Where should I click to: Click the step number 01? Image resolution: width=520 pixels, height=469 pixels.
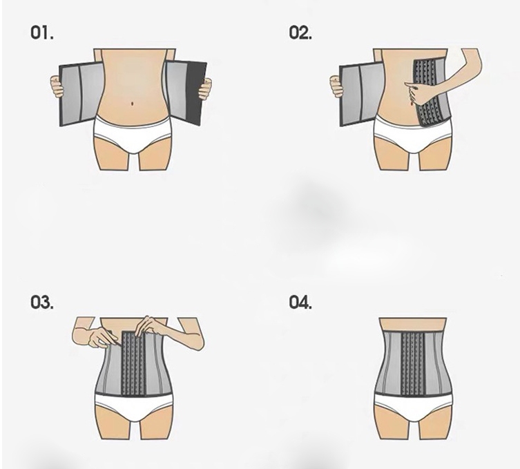click(42, 33)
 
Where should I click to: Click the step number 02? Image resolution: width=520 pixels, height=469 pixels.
click(300, 33)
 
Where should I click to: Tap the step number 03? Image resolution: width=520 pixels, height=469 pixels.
click(42, 303)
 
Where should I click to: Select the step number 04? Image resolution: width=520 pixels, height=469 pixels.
click(300, 303)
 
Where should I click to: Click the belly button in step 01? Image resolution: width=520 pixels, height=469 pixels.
click(133, 104)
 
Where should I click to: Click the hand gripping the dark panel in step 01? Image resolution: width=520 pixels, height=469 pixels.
click(205, 88)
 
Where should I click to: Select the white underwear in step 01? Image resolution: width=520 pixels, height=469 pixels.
click(133, 134)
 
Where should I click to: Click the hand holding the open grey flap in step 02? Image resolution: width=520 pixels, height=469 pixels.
click(336, 86)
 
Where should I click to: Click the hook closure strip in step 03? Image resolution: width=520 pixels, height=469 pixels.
click(134, 363)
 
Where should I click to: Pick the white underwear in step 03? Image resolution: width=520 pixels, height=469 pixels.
click(134, 407)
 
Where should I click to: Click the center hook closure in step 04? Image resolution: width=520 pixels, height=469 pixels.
click(413, 363)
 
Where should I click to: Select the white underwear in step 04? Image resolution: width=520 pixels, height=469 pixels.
click(413, 407)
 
